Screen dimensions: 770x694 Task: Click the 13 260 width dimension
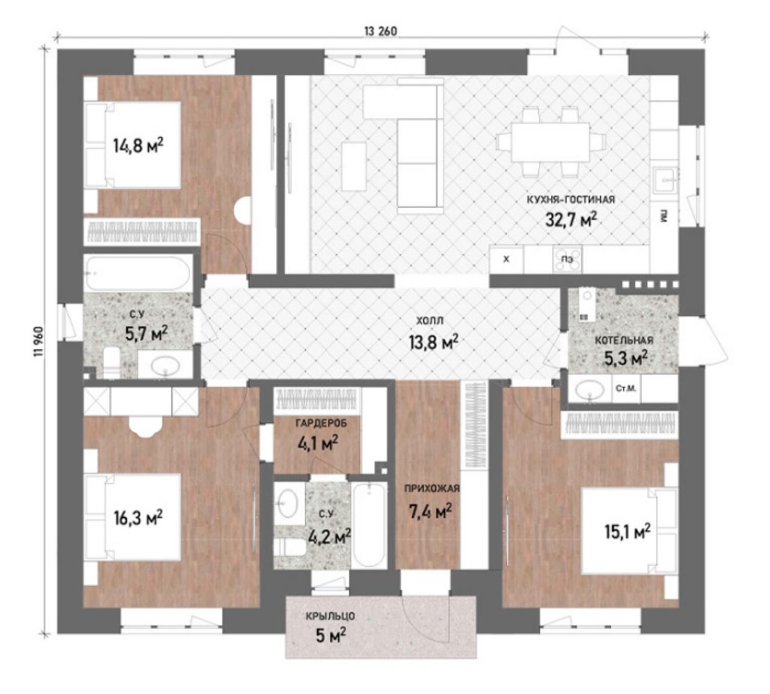coord(380,31)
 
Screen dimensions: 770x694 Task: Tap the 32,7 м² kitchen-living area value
coord(571,220)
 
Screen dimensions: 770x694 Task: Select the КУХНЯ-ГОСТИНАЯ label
coord(570,200)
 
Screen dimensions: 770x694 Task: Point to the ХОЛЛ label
coord(430,321)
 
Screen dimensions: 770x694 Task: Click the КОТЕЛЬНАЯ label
coord(624,340)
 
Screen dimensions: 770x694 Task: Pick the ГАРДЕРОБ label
coord(321,423)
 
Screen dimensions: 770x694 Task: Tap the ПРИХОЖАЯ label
coord(432,489)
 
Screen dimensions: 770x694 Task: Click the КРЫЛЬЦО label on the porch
coord(330,616)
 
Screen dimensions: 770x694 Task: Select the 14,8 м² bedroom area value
coord(138,146)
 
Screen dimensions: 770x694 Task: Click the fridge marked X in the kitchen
coord(507,259)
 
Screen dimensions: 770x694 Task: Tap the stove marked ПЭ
coord(567,259)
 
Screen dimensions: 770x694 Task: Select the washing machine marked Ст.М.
coord(626,389)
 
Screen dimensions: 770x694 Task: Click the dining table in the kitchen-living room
coord(550,142)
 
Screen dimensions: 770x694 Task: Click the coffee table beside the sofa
coord(354,166)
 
